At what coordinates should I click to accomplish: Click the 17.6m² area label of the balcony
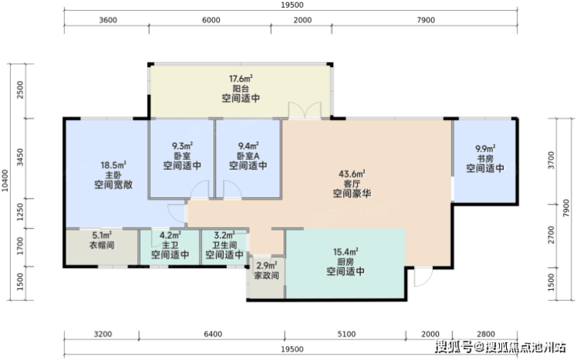point(241,79)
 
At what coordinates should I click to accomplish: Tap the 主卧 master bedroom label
point(113,175)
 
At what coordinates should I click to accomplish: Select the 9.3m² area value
point(182,146)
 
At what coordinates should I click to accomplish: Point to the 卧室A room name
point(249,156)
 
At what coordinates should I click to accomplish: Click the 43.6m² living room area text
point(352,174)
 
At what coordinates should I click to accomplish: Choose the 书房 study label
point(485,159)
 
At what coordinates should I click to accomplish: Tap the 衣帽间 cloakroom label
point(102,245)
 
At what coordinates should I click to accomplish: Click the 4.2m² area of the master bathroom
point(170,235)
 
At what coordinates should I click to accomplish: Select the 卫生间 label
point(225,245)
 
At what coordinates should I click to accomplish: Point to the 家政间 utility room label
point(267,275)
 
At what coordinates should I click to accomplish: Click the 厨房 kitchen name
point(345,262)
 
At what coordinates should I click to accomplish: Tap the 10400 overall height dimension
point(5,181)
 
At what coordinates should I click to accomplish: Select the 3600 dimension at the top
point(108,20)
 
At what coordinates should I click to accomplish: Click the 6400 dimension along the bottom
point(213,334)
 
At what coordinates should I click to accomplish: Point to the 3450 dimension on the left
point(20,157)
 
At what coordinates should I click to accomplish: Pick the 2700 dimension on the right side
point(550,235)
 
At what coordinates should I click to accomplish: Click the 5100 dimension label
point(347,334)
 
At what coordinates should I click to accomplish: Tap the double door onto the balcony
point(305,111)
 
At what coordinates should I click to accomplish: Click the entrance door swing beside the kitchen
point(423,277)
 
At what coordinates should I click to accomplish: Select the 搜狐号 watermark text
point(454,347)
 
